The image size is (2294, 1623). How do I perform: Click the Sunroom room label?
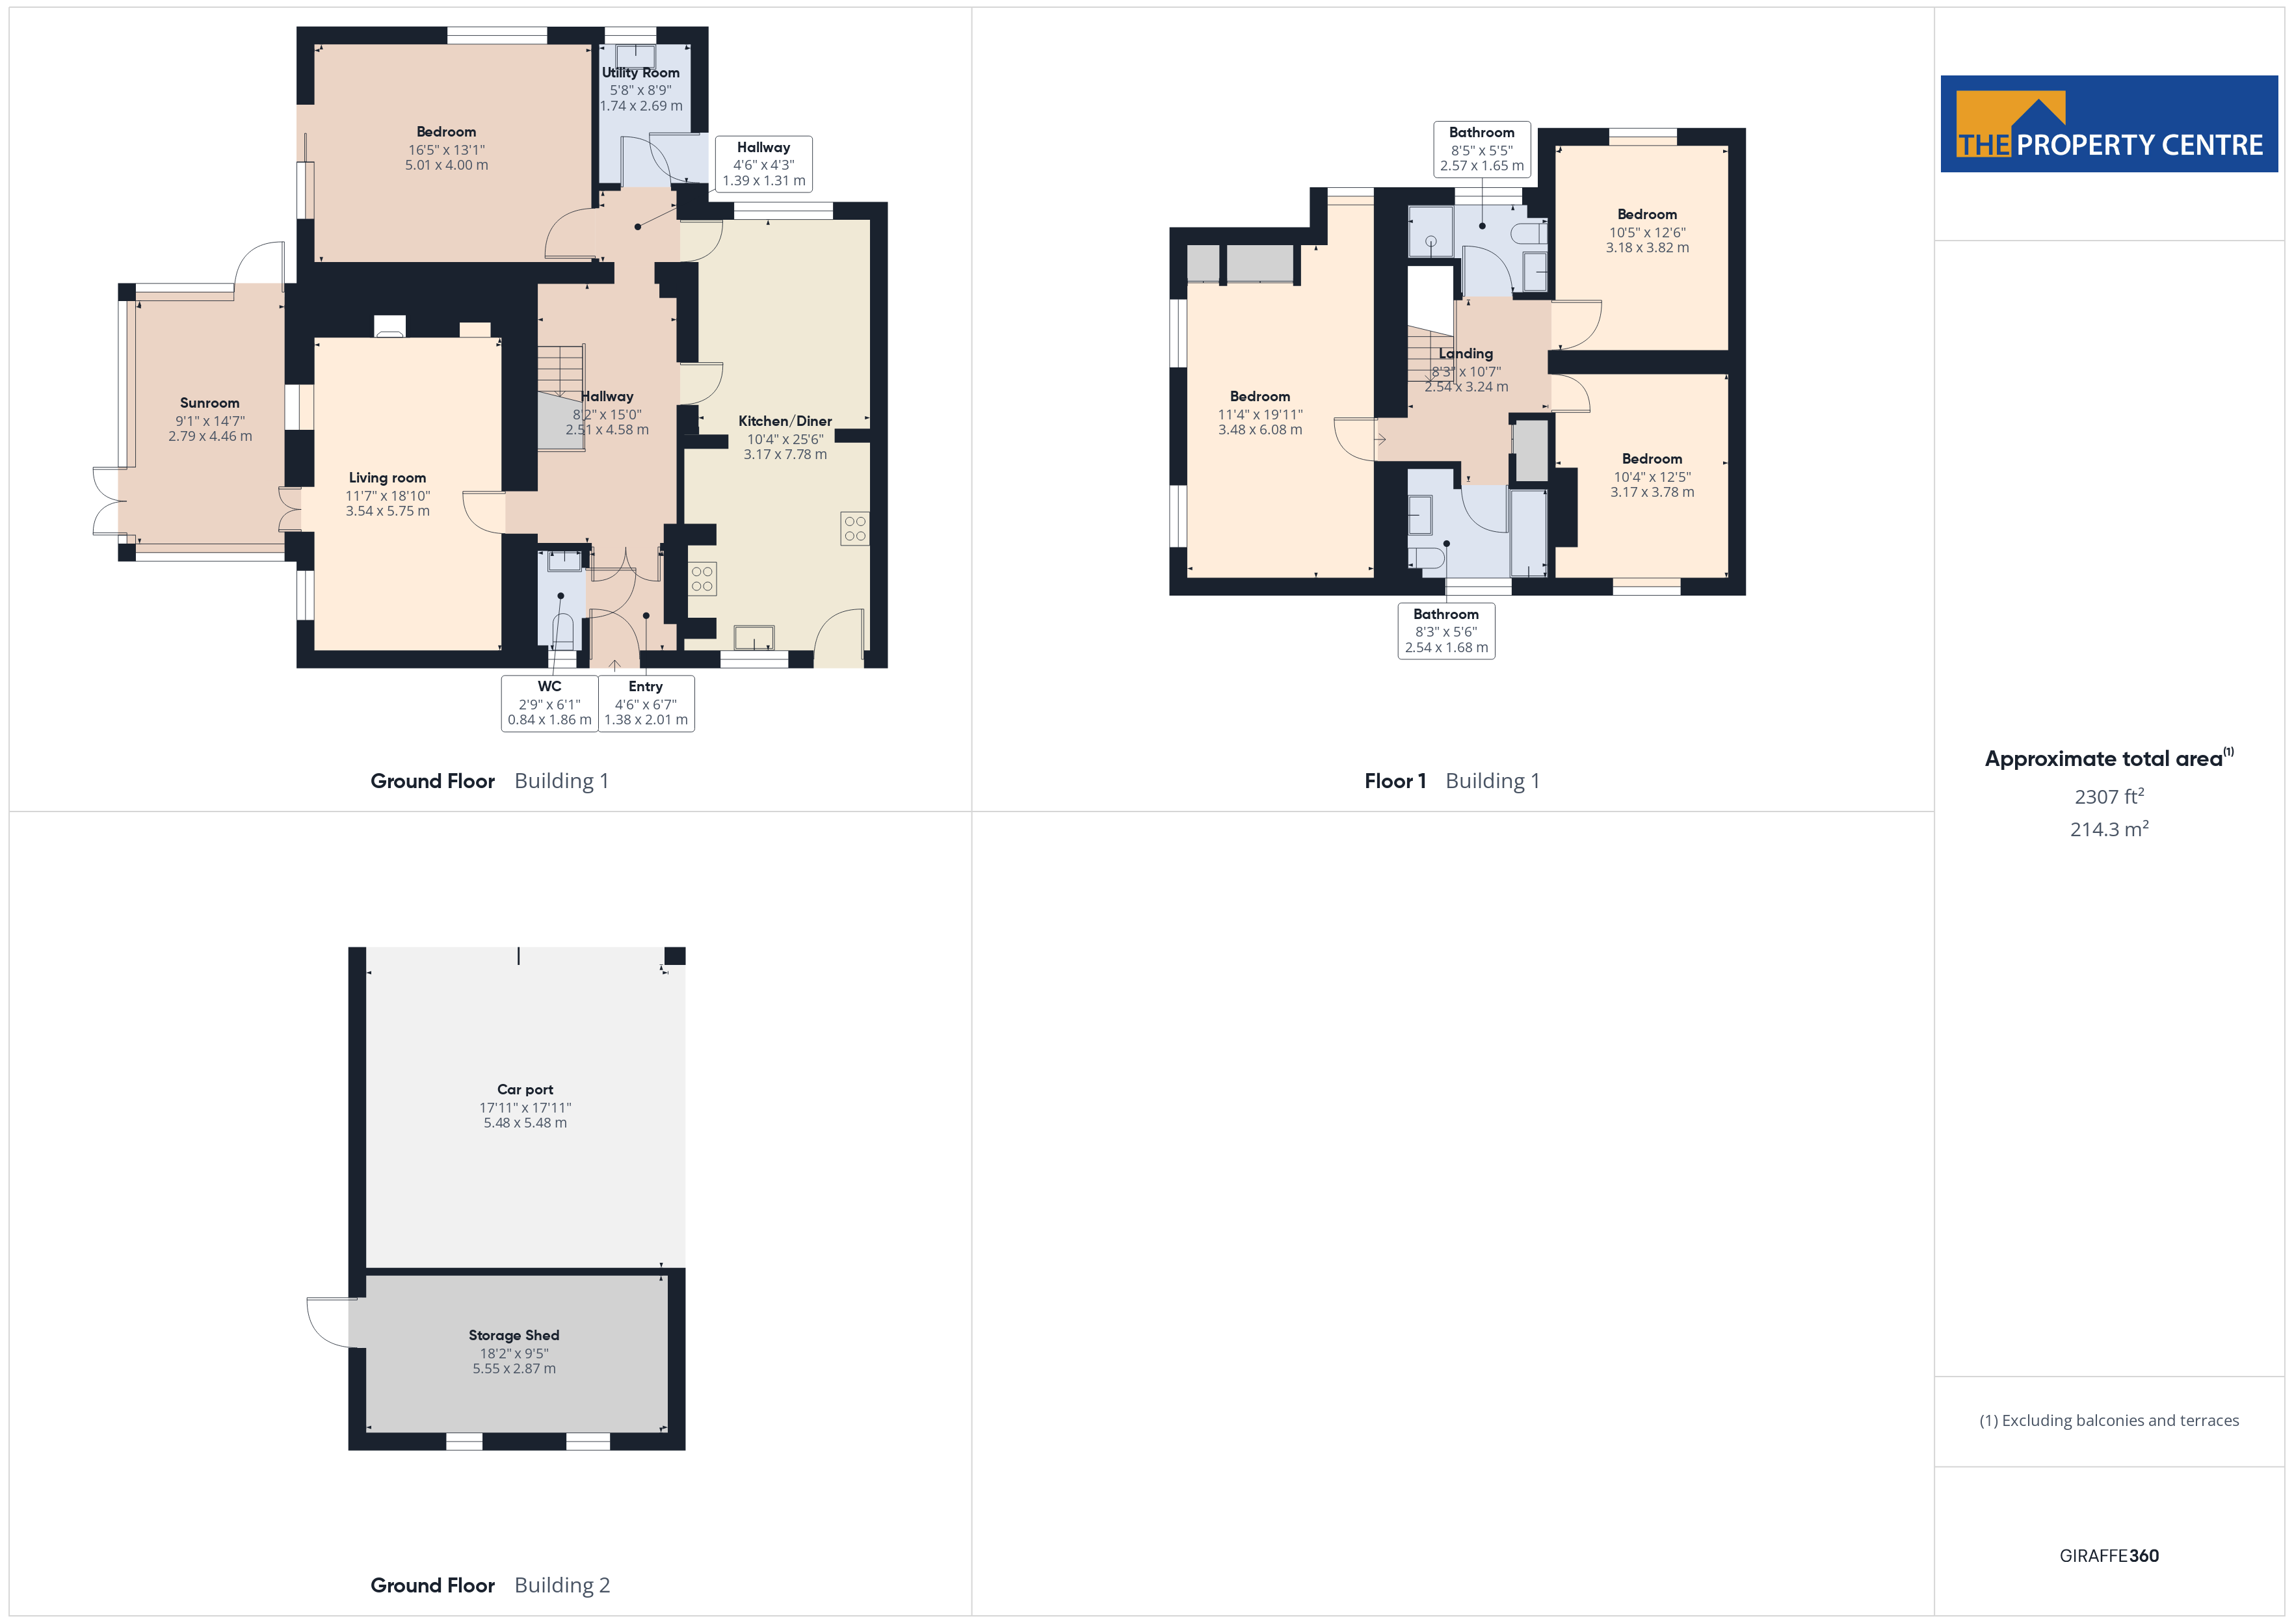pyautogui.click(x=210, y=402)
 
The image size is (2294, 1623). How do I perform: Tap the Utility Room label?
pyautogui.click(x=640, y=73)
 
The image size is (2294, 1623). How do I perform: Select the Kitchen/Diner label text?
pyautogui.click(x=785, y=421)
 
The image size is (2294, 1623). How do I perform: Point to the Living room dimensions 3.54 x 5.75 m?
pyautogui.click(x=388, y=510)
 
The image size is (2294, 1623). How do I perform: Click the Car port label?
pyautogui.click(x=525, y=1089)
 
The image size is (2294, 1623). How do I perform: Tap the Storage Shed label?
pyautogui.click(x=514, y=1335)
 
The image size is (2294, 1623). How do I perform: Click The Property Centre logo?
pyautogui.click(x=2109, y=124)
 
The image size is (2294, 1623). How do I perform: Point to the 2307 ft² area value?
pyautogui.click(x=2109, y=797)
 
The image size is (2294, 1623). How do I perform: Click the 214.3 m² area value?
pyautogui.click(x=2109, y=828)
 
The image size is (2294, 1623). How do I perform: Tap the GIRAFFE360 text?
pyautogui.click(x=2109, y=1556)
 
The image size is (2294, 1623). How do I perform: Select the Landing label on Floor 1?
pyautogui.click(x=1466, y=354)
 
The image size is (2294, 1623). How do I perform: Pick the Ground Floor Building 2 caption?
pyautogui.click(x=490, y=1585)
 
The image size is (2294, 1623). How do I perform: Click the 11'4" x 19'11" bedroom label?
pyautogui.click(x=1260, y=413)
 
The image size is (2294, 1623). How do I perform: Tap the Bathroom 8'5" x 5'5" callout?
pyautogui.click(x=1482, y=149)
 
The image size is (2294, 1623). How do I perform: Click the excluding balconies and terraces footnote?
pyautogui.click(x=2109, y=1420)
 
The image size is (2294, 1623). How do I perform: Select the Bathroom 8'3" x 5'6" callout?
pyautogui.click(x=1445, y=631)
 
